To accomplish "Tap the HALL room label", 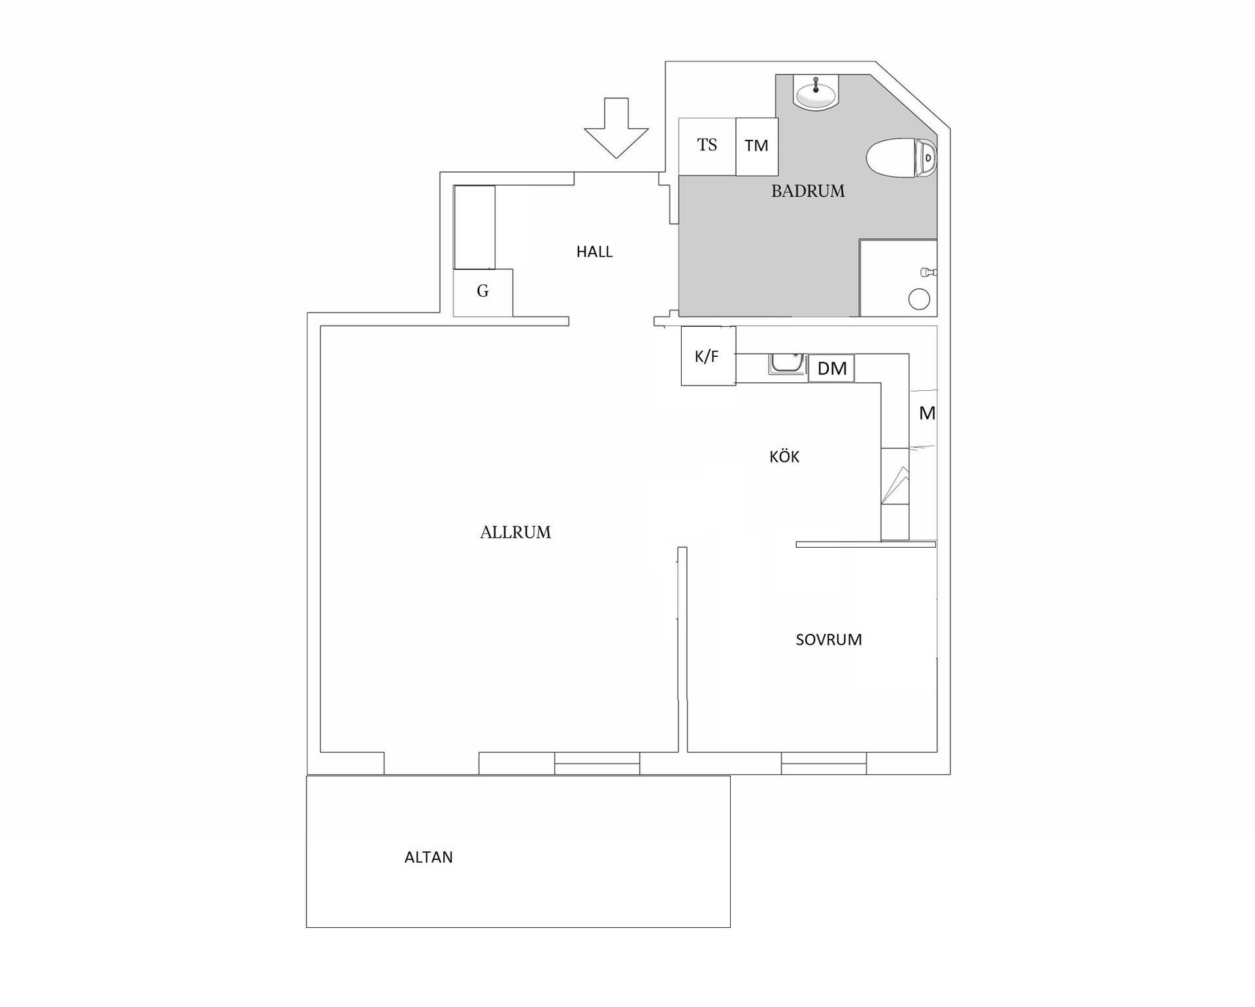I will [594, 252].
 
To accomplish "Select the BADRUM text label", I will [808, 191].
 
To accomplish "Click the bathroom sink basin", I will [815, 93].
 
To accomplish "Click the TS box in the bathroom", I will [707, 146].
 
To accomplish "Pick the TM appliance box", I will [756, 146].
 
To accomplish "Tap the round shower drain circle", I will [919, 299].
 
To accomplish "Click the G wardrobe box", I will [483, 291].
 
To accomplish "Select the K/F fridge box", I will [708, 356].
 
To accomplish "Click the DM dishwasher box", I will [831, 369].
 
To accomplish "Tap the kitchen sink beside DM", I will [787, 365].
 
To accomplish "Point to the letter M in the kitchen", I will [927, 413].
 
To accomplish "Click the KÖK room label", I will [784, 457].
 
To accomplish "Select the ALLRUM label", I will [515, 533].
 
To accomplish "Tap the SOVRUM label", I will [828, 640].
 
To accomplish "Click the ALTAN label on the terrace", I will [429, 857].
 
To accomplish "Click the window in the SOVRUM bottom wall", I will [824, 763].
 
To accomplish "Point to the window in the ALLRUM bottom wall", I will [597, 763].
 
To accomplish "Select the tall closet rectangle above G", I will [475, 227].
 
